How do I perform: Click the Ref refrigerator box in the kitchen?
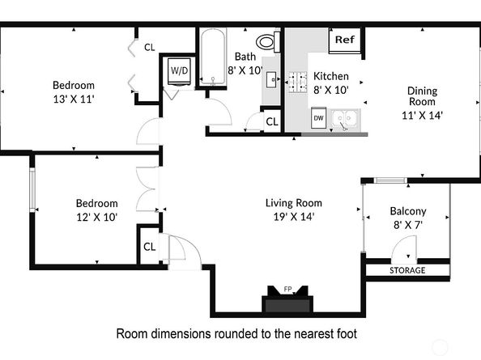click(344, 40)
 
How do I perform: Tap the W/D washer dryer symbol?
click(177, 71)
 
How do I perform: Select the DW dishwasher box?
click(319, 118)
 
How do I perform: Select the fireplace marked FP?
click(287, 303)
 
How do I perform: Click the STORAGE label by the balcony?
click(407, 270)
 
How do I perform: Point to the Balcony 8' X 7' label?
click(408, 218)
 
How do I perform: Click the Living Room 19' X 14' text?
click(293, 210)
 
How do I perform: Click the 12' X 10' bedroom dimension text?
click(96, 217)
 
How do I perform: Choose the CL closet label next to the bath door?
click(271, 121)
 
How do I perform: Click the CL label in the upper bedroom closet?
click(150, 47)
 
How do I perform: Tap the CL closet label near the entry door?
click(149, 247)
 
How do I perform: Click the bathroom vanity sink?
click(270, 79)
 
